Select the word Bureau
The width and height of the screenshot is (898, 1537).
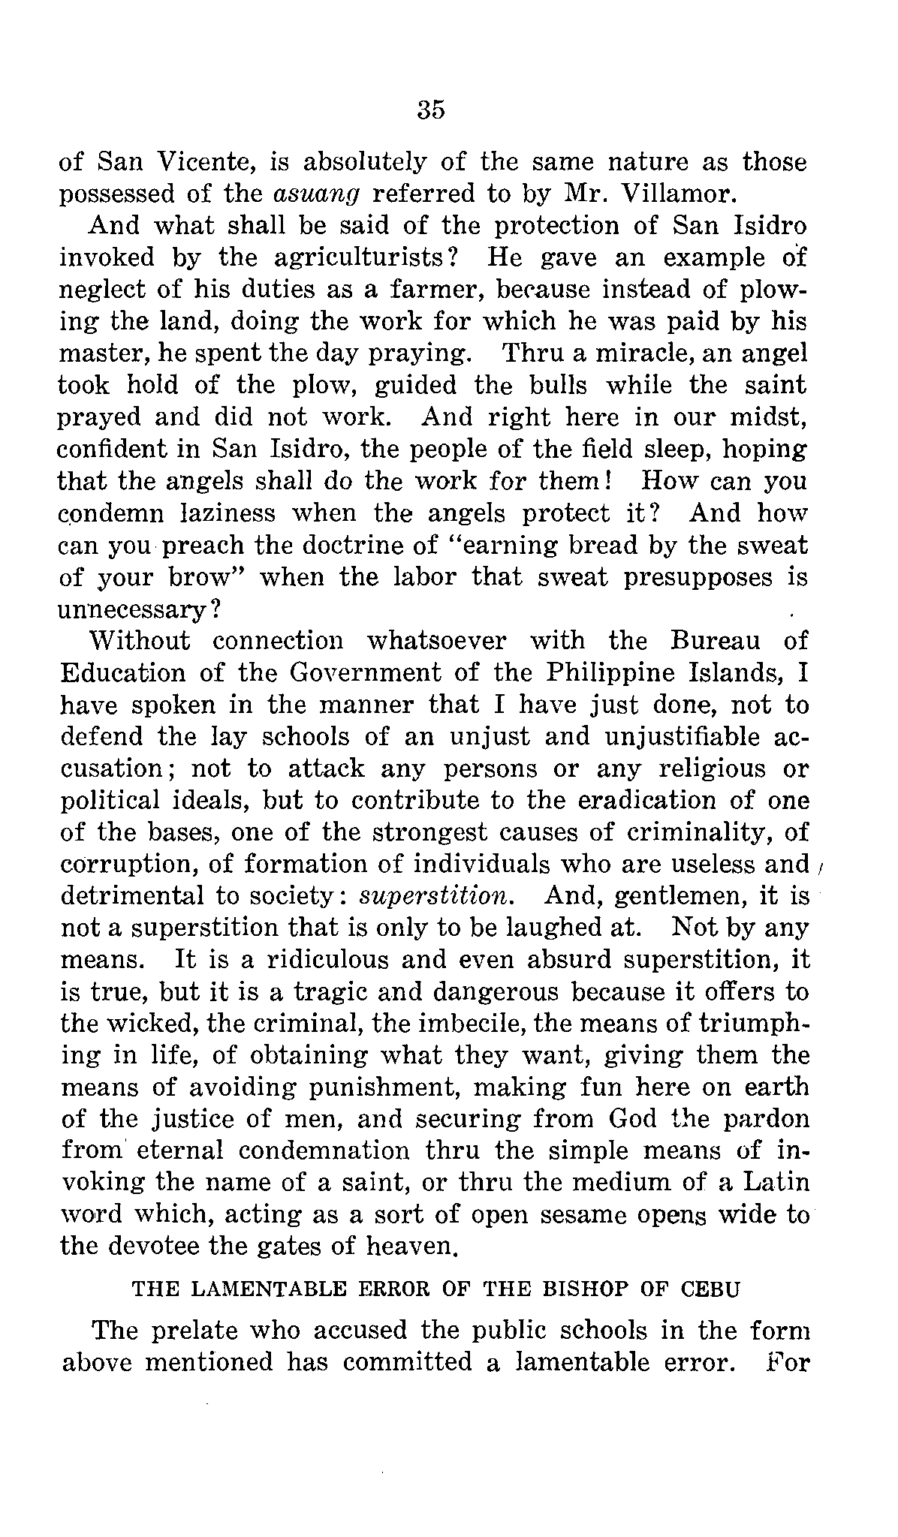(714, 641)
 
